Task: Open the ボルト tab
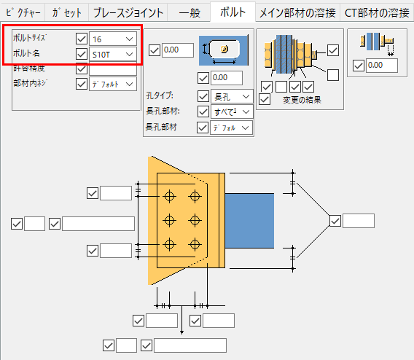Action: pyautogui.click(x=231, y=12)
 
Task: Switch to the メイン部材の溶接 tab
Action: pyautogui.click(x=297, y=12)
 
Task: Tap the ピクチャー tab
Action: pyautogui.click(x=23, y=12)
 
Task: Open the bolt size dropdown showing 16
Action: pyautogui.click(x=112, y=39)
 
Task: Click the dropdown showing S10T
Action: pyautogui.click(x=112, y=54)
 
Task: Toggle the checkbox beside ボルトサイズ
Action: pyautogui.click(x=82, y=39)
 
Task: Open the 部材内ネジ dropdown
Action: pyautogui.click(x=112, y=84)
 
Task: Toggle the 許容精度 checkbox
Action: pyautogui.click(x=82, y=69)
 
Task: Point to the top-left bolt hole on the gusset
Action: pyautogui.click(x=170, y=197)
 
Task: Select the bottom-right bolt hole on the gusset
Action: pyautogui.click(x=194, y=243)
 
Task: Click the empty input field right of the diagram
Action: pyautogui.click(x=358, y=221)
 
